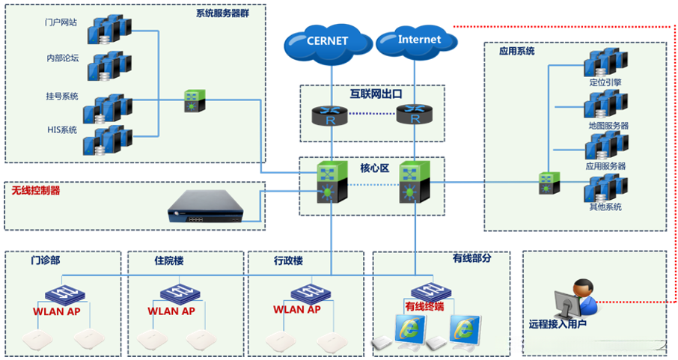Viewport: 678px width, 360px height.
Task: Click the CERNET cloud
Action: point(328,41)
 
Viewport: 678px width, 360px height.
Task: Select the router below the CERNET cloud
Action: point(328,115)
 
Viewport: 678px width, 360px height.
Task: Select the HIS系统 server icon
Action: point(105,139)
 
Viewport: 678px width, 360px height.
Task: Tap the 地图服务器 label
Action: point(608,126)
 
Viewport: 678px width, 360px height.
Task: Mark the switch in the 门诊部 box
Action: point(61,292)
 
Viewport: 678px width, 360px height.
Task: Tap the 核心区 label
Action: point(374,168)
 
